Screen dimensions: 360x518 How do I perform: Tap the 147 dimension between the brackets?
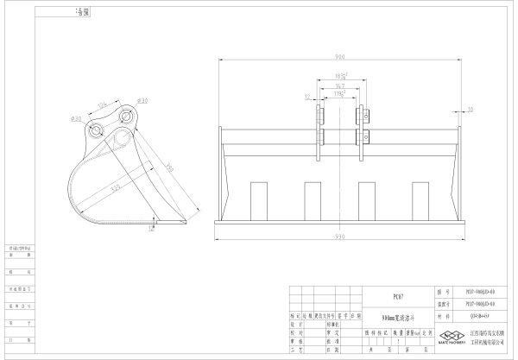(340, 86)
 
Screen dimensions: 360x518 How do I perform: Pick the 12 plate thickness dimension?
(307, 97)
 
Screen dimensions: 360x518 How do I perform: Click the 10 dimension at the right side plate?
(470, 110)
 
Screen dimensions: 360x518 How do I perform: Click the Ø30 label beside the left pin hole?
(75, 118)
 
